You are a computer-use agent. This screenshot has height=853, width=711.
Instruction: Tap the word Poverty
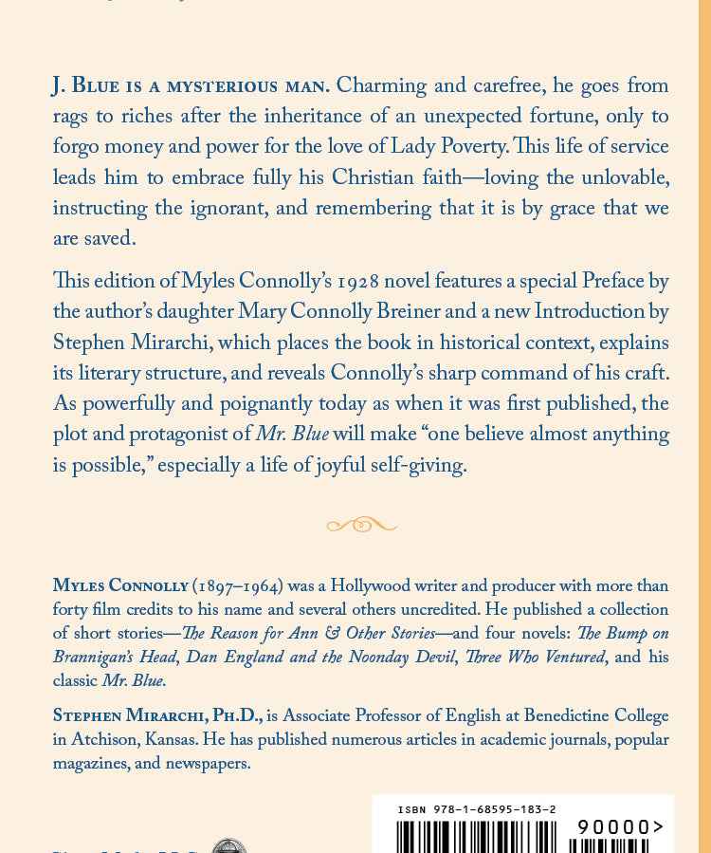click(x=473, y=146)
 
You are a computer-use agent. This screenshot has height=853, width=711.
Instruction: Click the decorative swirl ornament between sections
click(x=361, y=524)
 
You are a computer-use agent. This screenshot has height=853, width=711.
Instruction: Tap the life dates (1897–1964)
click(x=238, y=585)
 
